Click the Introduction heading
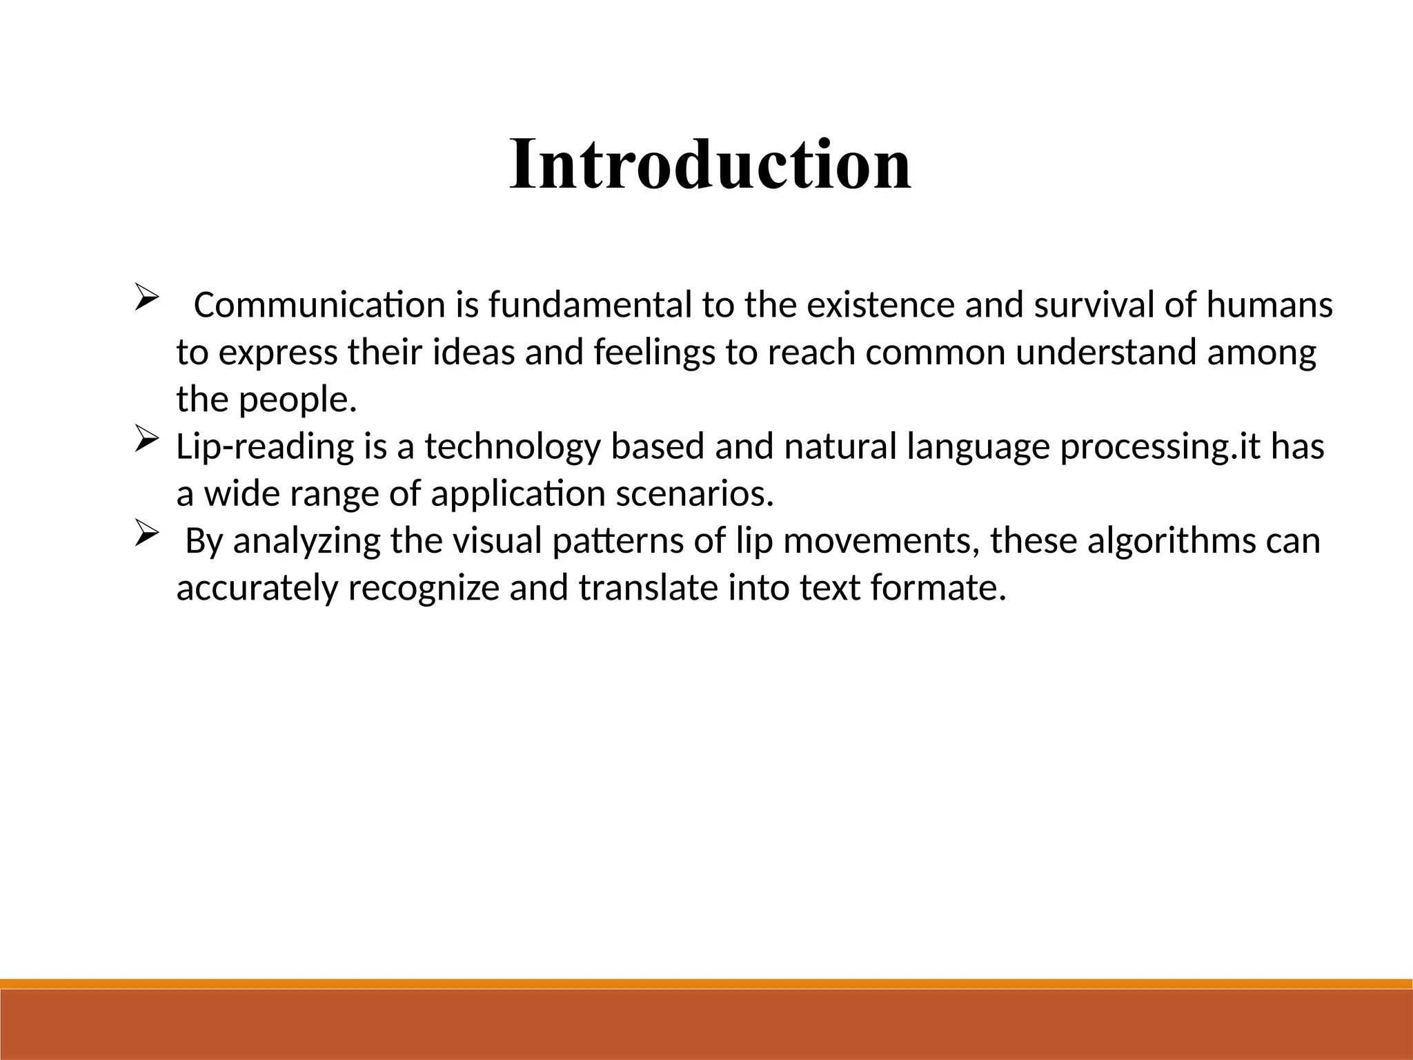711,166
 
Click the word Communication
319,305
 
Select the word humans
1269,305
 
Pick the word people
297,400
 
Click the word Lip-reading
265,447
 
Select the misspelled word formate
938,588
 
